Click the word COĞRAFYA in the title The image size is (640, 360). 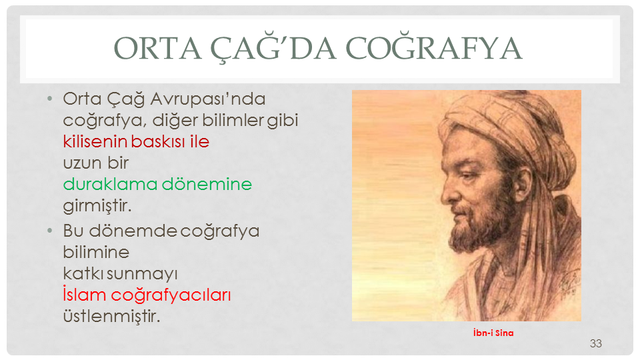[434, 49]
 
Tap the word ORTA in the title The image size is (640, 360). [157, 49]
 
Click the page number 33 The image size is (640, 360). [595, 344]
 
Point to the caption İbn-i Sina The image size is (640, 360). [493, 333]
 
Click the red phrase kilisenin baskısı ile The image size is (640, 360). [136, 141]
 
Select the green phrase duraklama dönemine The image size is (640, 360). [157, 184]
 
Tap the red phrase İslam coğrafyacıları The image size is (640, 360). [147, 295]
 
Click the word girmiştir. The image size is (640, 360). [97, 206]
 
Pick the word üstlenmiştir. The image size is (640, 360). [111, 316]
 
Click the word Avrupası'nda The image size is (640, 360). [208, 99]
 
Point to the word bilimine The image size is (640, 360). [96, 252]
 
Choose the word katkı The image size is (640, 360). [83, 273]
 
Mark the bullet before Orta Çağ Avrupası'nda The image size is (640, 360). [50, 99]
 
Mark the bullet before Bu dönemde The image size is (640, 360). [50, 231]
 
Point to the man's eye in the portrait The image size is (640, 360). [468, 176]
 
